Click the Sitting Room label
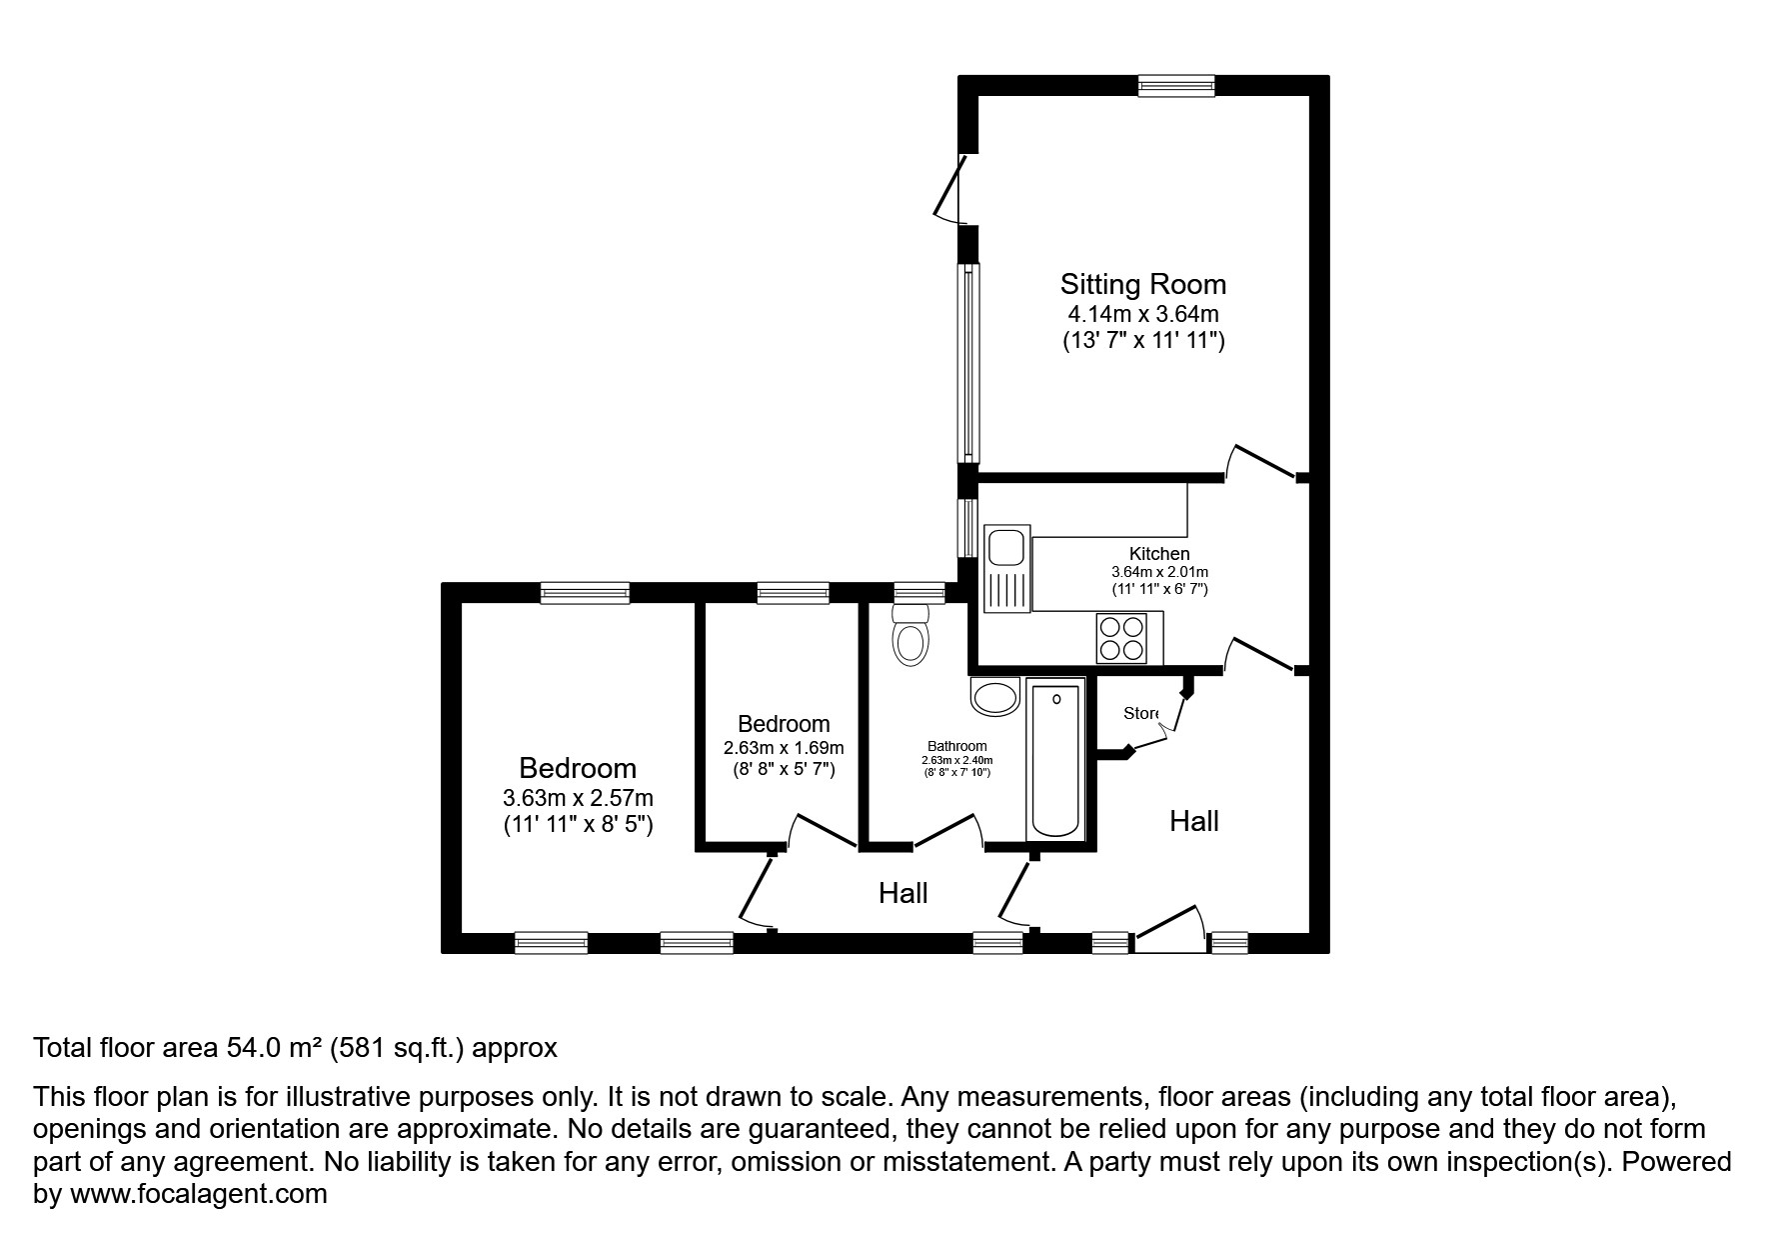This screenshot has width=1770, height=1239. [x=1142, y=284]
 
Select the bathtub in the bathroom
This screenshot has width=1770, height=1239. [x=1055, y=760]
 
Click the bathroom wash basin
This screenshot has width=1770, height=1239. [x=993, y=696]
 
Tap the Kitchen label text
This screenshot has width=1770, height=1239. [x=1158, y=553]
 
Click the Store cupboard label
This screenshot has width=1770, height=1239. [x=1140, y=713]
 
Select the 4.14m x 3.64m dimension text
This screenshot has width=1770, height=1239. [x=1142, y=314]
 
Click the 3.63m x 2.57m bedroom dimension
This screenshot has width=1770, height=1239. [x=578, y=798]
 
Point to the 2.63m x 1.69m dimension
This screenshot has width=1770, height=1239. [x=784, y=748]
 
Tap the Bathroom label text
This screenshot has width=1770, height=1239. [x=956, y=746]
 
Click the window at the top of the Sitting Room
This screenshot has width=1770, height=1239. [x=1176, y=86]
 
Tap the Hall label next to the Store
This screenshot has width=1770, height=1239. [x=1194, y=821]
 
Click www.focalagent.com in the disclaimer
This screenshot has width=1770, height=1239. [x=198, y=1194]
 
